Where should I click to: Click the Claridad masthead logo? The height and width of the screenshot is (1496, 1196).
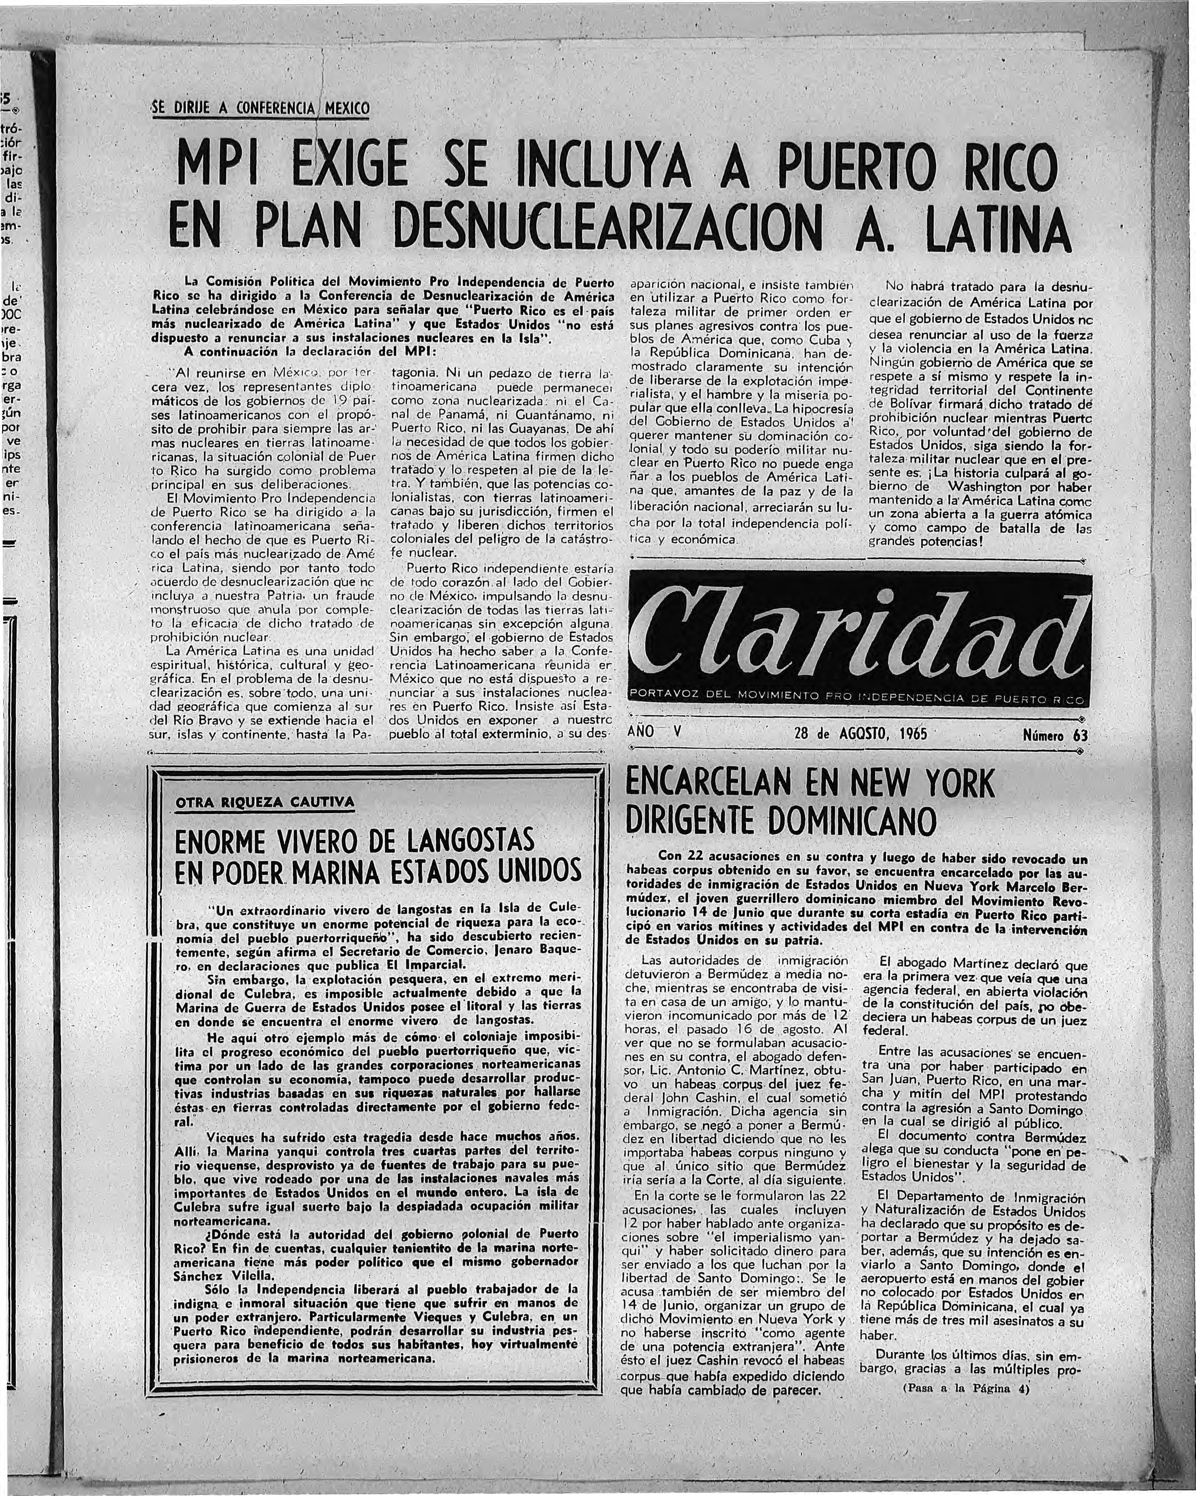tap(857, 633)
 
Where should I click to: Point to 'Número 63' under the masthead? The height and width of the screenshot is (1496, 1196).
tap(1054, 735)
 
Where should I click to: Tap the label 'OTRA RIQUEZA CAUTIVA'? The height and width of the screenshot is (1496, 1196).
tap(264, 803)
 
